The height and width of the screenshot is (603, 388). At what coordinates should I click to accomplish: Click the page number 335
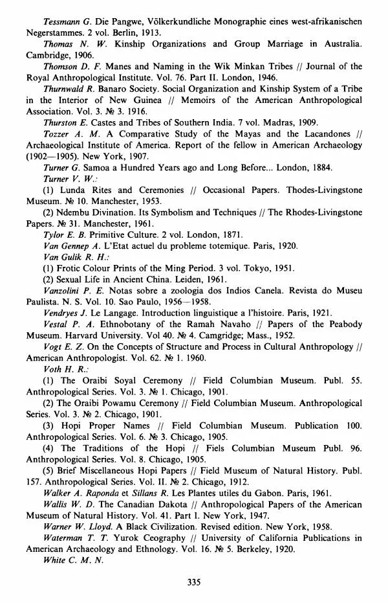coord(194,582)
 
